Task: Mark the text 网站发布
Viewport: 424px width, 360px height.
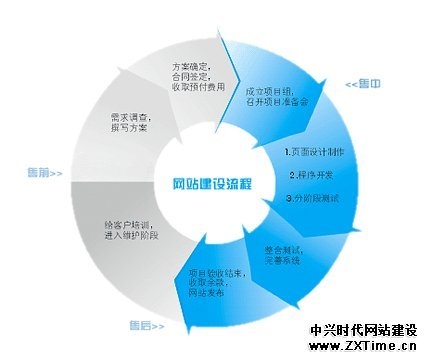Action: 205,296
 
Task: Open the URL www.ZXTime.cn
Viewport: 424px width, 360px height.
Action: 363,346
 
